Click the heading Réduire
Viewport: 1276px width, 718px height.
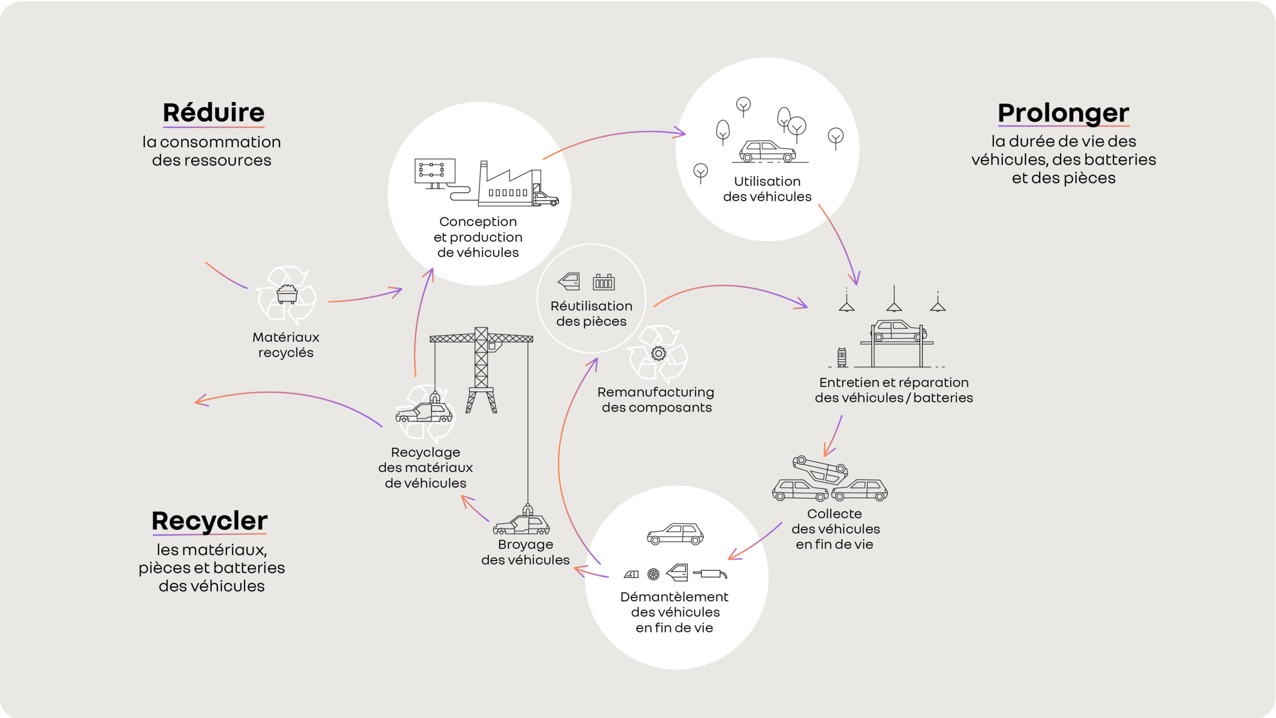click(213, 113)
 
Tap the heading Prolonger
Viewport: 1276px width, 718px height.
click(1063, 113)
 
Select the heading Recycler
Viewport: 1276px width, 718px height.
click(209, 521)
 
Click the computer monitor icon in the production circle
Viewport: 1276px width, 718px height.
click(435, 172)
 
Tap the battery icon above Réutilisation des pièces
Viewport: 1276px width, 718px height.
click(604, 282)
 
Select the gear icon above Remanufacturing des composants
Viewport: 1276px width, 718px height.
click(658, 354)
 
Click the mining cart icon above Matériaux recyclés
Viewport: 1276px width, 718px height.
click(287, 294)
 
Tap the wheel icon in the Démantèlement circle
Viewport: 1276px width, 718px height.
click(653, 574)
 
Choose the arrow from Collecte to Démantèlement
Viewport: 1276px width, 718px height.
click(755, 541)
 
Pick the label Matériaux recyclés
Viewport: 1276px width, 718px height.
click(286, 345)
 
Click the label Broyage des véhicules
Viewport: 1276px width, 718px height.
click(525, 552)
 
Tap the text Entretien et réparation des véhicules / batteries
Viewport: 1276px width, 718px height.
click(894, 390)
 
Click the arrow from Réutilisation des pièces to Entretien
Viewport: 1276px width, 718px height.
click(728, 287)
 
